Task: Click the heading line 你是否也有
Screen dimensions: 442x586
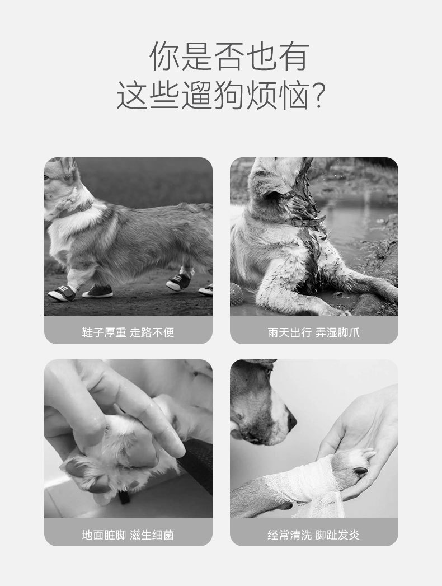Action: point(229,57)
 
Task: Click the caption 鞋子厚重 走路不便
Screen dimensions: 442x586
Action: point(128,332)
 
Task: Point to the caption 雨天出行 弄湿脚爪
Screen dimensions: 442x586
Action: point(313,332)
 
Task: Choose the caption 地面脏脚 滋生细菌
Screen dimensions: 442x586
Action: point(128,535)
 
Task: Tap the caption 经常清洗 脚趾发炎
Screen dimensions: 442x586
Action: point(313,535)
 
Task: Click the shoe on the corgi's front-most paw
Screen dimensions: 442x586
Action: point(62,293)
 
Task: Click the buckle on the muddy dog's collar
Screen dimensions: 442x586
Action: point(297,223)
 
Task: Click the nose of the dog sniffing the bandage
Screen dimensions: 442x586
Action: point(292,422)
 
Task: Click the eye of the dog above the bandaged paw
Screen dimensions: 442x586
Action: point(268,371)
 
